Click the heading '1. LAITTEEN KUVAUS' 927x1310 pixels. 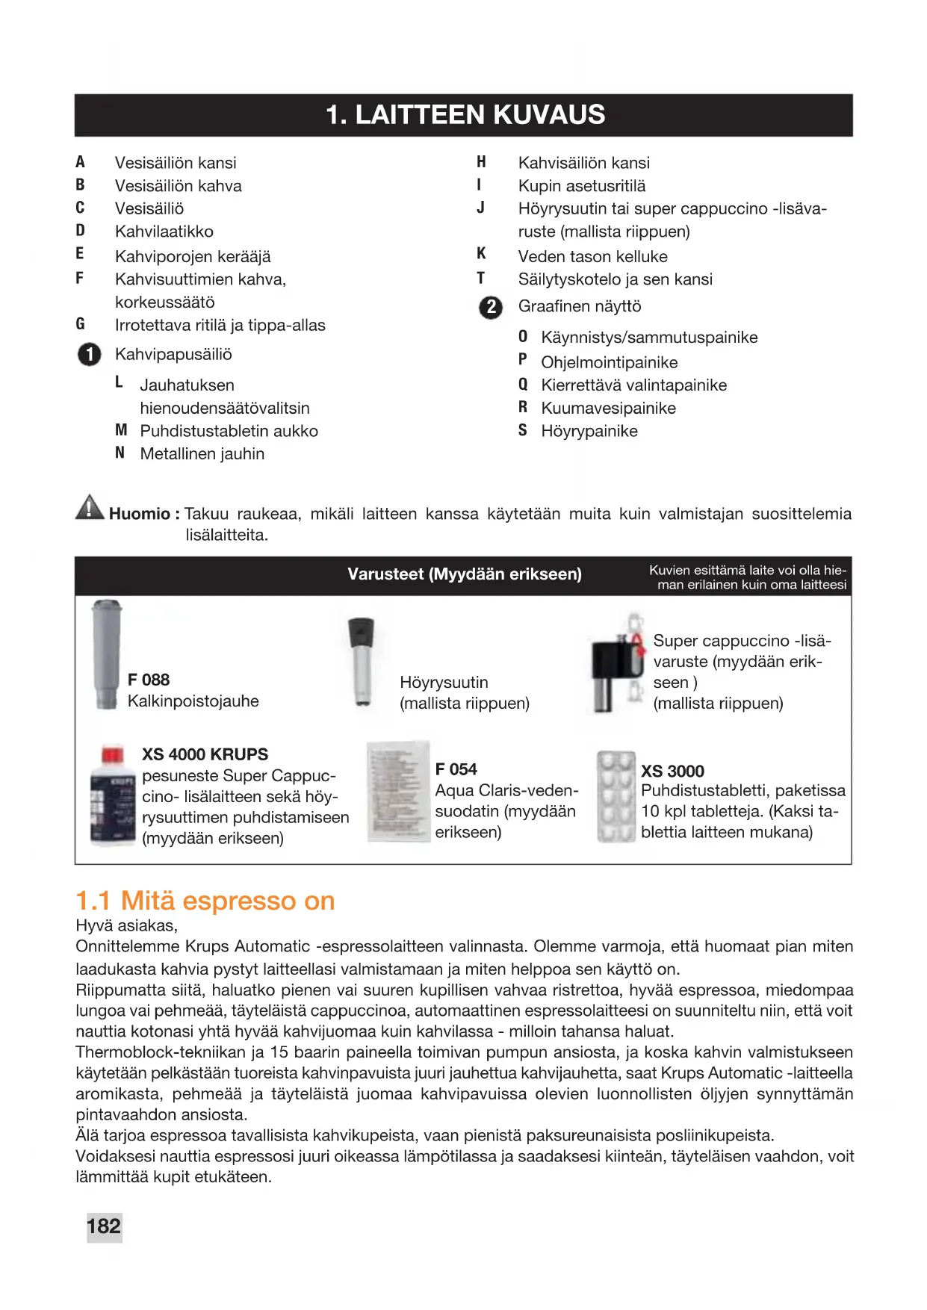pos(465,115)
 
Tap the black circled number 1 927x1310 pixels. pos(89,354)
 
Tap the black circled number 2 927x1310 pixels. pos(491,307)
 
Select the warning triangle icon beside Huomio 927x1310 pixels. pos(90,508)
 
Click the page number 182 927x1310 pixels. pos(104,1226)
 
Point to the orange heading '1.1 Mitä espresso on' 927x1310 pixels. pos(205,901)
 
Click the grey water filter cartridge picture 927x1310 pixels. pos(106,654)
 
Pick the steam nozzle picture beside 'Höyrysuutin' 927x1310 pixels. pos(362,662)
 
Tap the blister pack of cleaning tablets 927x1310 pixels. pos(616,797)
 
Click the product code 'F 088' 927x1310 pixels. pos(149,680)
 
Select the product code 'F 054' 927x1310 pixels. pos(456,769)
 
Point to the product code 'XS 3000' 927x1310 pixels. pos(672,772)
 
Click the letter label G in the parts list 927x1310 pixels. pos(81,324)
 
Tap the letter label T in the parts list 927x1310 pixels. pos(481,279)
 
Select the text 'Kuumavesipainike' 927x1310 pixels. pos(608,409)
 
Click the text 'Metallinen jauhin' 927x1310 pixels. pos(202,454)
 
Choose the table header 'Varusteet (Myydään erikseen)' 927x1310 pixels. pos(465,574)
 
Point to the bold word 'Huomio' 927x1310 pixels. pos(140,514)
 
